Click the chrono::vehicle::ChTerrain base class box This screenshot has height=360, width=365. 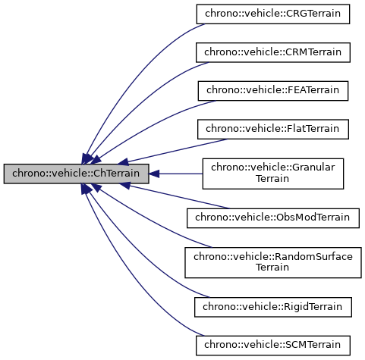point(76,174)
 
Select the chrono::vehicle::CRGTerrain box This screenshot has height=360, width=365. point(273,14)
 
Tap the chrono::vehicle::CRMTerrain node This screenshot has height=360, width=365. point(273,52)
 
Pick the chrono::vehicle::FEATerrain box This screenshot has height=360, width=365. point(273,90)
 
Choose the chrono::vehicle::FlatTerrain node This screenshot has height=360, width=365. point(273,128)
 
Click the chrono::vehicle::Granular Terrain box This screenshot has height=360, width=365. point(273,174)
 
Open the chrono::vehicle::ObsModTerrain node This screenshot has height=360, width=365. point(273,218)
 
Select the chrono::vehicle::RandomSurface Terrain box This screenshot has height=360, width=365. point(273,262)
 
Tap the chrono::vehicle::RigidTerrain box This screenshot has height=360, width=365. point(273,307)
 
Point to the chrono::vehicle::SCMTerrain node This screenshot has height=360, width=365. point(273,345)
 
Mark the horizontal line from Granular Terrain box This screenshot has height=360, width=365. point(178,174)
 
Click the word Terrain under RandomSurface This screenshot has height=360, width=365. point(273,268)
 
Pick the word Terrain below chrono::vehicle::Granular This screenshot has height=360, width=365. point(273,180)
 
